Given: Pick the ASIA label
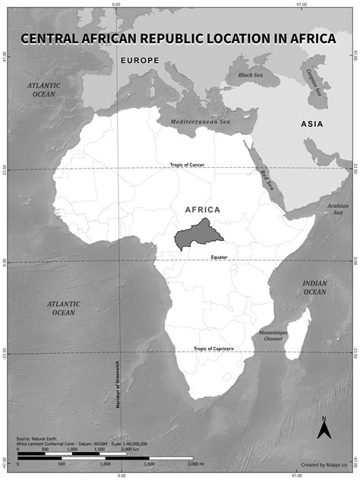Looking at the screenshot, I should tap(311, 124).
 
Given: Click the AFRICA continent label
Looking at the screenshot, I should tap(202, 209).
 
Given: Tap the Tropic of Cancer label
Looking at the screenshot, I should tap(187, 165).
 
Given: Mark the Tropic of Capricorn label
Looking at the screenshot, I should tap(213, 349).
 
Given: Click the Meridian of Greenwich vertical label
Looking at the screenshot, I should tap(119, 383).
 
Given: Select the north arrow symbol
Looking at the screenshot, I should tap(324, 429).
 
